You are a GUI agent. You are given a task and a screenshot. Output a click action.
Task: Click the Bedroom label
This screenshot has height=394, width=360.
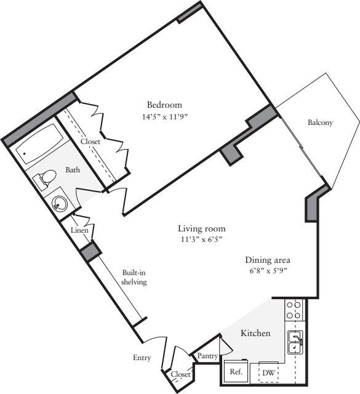[x=164, y=104]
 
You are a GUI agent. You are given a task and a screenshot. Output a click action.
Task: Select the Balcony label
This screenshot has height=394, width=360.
[x=320, y=123]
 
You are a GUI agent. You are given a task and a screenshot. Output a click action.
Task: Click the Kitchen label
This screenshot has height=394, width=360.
[x=255, y=333]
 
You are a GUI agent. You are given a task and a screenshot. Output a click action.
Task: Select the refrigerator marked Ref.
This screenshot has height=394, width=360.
[x=236, y=372]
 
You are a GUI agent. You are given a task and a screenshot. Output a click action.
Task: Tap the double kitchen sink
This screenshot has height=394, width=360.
[x=295, y=342]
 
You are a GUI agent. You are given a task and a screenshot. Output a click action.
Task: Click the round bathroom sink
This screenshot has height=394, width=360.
[x=60, y=203]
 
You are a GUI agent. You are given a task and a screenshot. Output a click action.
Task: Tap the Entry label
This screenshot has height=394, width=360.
[x=142, y=358]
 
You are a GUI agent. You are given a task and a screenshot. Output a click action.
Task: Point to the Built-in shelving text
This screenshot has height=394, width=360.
[x=133, y=276]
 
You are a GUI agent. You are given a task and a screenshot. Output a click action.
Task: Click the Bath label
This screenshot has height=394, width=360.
[x=73, y=169]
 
